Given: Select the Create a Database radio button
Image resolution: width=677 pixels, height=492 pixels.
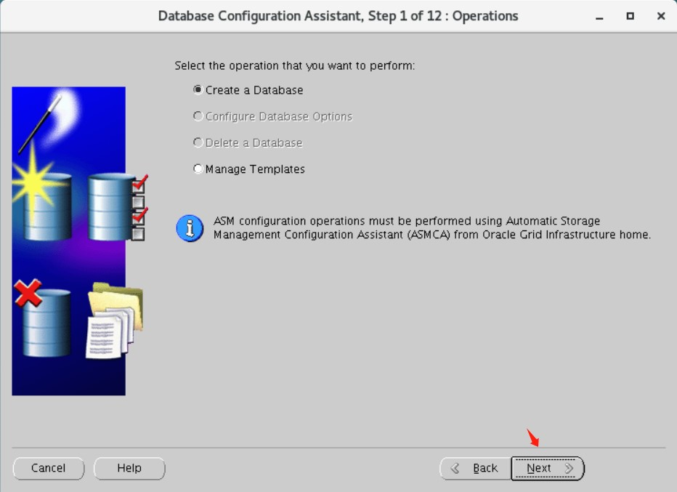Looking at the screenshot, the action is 198,90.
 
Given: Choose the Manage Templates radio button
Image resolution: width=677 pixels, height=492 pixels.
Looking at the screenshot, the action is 198,169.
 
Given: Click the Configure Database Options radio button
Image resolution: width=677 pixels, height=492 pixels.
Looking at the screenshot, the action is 198,116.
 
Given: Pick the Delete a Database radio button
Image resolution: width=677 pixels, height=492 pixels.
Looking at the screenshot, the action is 198,142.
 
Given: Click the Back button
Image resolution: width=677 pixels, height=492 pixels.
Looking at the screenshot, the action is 475,468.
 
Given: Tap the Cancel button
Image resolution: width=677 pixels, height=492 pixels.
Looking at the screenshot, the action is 49,468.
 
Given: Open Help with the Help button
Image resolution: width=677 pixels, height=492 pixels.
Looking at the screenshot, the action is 129,468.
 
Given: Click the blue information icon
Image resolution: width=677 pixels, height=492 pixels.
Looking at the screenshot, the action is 190,228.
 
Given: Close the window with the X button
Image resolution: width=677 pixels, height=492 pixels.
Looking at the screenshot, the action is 660,16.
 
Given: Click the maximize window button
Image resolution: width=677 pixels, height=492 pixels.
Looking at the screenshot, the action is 630,16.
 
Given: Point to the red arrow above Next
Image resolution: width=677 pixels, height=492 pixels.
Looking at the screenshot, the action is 532,438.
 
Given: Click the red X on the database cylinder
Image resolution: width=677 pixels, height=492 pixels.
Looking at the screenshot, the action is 28,292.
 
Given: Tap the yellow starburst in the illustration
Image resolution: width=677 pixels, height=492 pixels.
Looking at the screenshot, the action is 33,182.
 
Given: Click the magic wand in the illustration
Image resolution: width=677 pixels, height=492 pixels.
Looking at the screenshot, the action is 40,124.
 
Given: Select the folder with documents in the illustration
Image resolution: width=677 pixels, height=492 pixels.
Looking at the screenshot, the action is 115,320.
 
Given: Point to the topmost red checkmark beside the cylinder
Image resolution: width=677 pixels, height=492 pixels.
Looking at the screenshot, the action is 140,182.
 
